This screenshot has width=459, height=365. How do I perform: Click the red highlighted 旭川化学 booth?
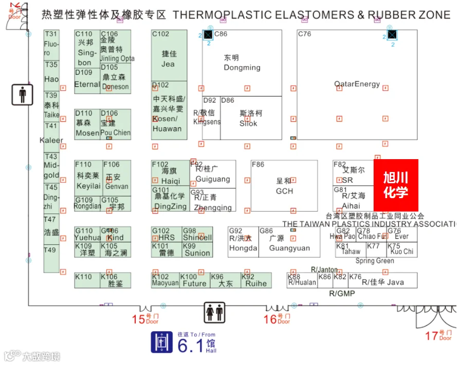point(395,185)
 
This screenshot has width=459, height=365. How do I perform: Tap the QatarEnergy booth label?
point(357,84)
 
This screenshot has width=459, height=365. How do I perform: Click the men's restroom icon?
point(22,94)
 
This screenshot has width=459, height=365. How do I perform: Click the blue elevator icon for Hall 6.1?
point(161,342)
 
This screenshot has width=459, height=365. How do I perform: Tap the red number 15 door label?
point(138,319)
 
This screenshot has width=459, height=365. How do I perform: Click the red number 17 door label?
point(432,336)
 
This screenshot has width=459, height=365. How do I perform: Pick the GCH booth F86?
point(284,185)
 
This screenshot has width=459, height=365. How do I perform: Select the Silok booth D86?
point(251,118)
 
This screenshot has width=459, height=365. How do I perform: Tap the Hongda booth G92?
point(243,242)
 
